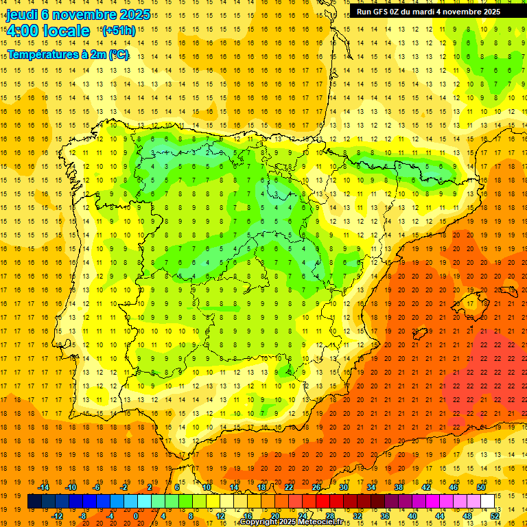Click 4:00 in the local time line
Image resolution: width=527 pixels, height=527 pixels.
pyautogui.click(x=23, y=31)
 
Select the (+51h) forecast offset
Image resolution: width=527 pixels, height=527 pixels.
pyautogui.click(x=118, y=30)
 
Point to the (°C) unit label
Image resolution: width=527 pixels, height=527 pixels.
pyautogui.click(x=119, y=54)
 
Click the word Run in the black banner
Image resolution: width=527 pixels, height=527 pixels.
pyautogui.click(x=365, y=12)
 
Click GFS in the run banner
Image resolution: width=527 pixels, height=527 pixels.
pyautogui.click(x=382, y=12)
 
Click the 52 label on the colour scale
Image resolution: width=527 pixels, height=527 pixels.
pyautogui.click(x=495, y=516)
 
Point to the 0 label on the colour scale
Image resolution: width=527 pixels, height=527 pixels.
pyautogui.click(x=135, y=516)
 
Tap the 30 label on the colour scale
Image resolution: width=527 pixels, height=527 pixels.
pyautogui.click(x=344, y=487)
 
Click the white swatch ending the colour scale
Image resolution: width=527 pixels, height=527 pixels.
pyautogui.click(x=487, y=502)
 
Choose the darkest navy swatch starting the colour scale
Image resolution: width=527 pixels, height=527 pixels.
pyautogui.click(x=34, y=502)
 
